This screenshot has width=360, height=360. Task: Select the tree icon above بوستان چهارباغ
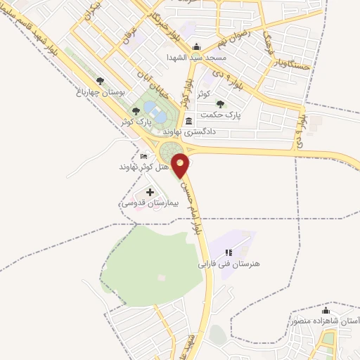100,81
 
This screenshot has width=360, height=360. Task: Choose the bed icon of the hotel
144,156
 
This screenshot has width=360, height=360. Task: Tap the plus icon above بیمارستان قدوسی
149,191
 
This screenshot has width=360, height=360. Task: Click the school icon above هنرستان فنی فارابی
228,252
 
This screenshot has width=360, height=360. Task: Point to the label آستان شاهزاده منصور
324,321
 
